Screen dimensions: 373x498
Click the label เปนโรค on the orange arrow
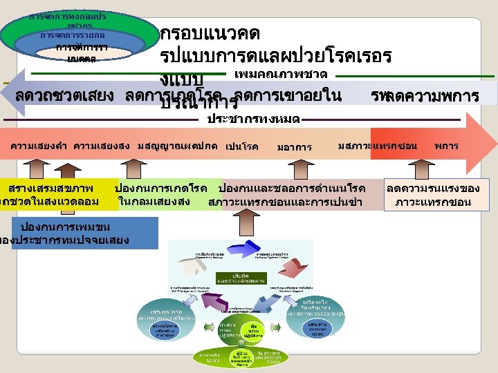point(241,147)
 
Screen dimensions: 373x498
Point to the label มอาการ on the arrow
point(294,147)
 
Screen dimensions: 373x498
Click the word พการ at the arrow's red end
point(447,146)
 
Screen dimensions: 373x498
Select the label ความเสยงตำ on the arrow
point(38,146)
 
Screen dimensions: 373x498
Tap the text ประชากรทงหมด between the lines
point(253,119)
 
